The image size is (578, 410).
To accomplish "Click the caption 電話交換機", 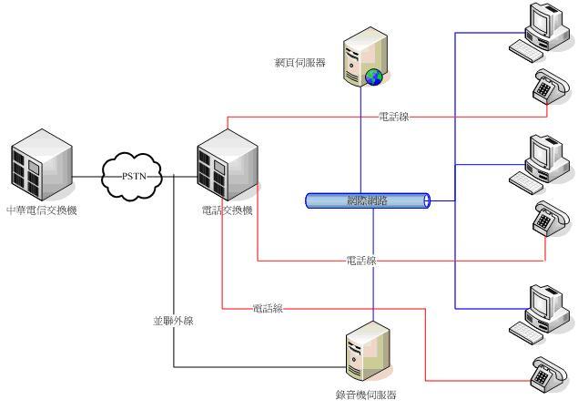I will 228,211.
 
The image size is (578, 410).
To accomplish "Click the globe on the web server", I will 371,77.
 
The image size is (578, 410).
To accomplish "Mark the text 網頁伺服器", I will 301,64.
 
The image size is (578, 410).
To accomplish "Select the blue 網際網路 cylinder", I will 367,200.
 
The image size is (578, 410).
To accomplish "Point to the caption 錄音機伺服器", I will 365,395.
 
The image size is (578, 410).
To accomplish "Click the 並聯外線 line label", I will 173,321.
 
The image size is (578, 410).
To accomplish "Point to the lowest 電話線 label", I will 268,309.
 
